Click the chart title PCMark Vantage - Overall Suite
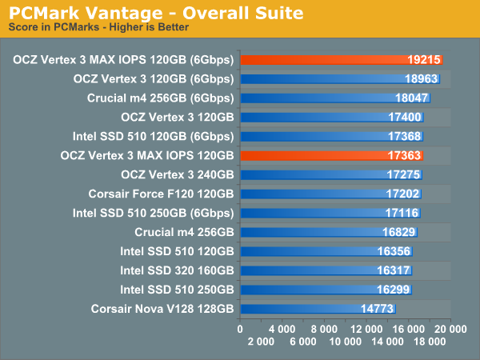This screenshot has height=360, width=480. pyautogui.click(x=156, y=13)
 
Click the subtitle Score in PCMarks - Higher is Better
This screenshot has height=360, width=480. pyautogui.click(x=98, y=27)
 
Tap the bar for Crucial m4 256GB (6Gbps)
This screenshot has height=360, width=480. pyautogui.click(x=335, y=98)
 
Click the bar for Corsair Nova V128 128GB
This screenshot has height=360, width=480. pyautogui.click(x=318, y=308)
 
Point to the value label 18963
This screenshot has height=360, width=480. pyautogui.click(x=421, y=79)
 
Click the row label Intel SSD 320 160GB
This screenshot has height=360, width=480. pyautogui.click(x=177, y=270)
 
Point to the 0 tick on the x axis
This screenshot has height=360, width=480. pyautogui.click(x=241, y=329)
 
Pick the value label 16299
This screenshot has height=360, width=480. pyautogui.click(x=393, y=289)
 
